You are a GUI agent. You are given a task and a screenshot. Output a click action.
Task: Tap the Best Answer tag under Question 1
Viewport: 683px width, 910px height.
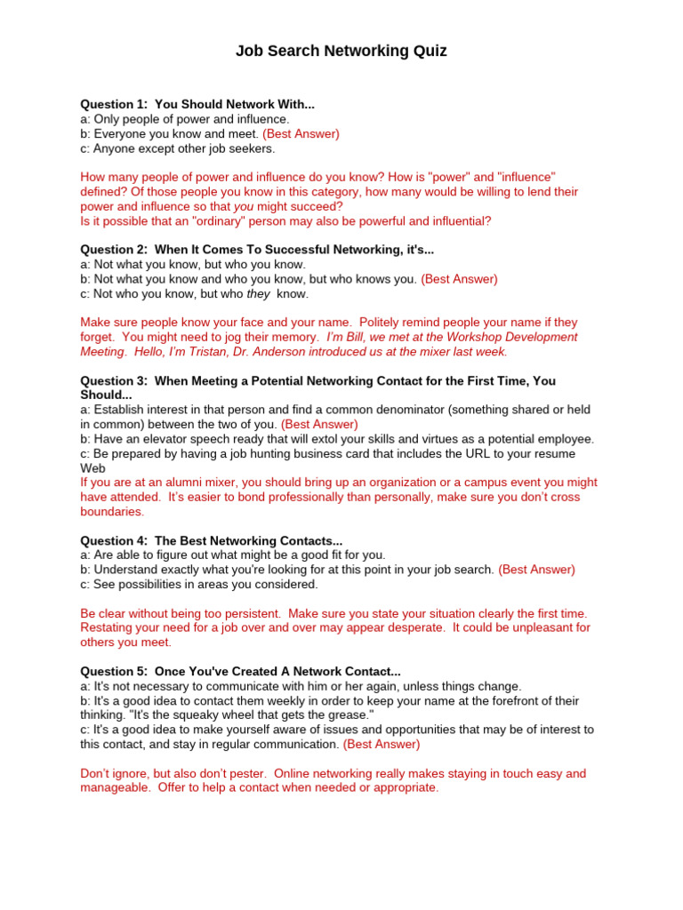[301, 133]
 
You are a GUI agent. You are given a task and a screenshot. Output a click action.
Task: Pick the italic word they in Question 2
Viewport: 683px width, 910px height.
[259, 293]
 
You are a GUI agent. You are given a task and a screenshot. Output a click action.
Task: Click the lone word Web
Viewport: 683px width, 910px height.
[93, 467]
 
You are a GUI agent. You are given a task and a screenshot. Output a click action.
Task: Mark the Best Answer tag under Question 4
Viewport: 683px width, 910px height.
[536, 570]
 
